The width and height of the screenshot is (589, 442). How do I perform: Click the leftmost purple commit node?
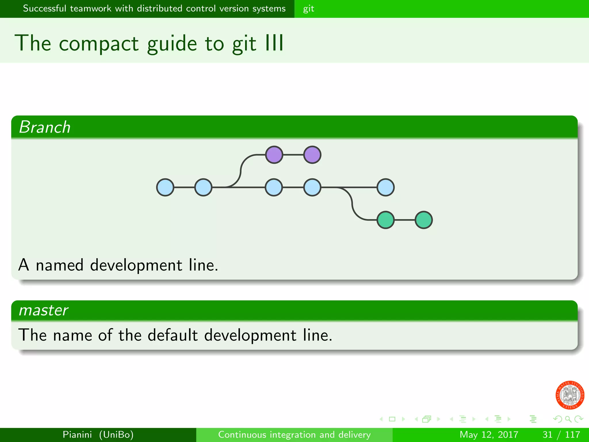click(x=274, y=155)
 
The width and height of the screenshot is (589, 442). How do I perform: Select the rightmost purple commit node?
click(x=312, y=155)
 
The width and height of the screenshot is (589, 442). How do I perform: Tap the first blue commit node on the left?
click(x=165, y=187)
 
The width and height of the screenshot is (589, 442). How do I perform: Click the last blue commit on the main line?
click(x=385, y=187)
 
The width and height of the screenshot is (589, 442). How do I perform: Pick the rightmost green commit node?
click(x=424, y=220)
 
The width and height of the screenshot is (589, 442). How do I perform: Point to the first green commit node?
click(x=385, y=220)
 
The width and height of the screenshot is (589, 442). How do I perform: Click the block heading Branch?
click(x=45, y=127)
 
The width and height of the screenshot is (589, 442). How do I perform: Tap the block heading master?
click(x=43, y=310)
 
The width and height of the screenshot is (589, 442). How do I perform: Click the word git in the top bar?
click(x=308, y=9)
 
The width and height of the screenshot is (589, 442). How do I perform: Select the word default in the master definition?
click(x=173, y=335)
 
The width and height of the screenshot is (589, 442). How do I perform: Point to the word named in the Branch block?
click(x=60, y=265)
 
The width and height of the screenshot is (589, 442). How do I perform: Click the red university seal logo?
click(x=569, y=395)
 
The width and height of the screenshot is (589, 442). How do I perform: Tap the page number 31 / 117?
click(x=561, y=435)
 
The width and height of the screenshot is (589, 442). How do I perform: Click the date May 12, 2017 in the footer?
click(x=489, y=435)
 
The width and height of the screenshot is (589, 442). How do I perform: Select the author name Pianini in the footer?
click(x=77, y=435)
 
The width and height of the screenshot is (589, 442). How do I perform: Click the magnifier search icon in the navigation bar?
click(x=568, y=419)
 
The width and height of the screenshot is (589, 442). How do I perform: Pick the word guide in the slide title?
click(x=172, y=44)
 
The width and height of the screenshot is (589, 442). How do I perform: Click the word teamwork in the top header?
click(x=90, y=9)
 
